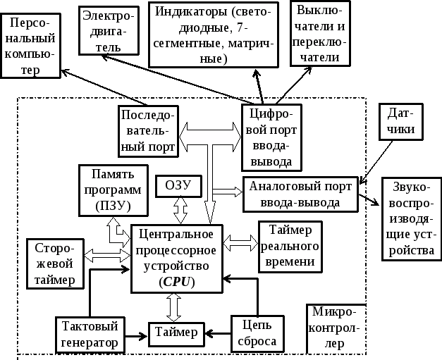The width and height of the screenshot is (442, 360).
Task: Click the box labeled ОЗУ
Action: pos(178,186)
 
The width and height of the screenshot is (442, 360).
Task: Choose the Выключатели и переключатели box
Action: pos(319,34)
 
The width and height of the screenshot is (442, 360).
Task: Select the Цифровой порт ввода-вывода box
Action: pos(271,137)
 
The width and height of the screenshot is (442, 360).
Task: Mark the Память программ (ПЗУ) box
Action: pos(113,190)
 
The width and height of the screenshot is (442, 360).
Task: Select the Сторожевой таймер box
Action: pos(55,263)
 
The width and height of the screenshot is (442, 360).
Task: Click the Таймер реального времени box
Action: pos(290,247)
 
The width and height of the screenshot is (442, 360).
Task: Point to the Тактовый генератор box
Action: pos(90,334)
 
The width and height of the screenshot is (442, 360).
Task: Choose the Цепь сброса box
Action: pos(258,334)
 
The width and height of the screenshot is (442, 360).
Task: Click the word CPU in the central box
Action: pos(177,282)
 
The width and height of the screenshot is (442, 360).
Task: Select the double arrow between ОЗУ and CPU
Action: pos(180,210)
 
